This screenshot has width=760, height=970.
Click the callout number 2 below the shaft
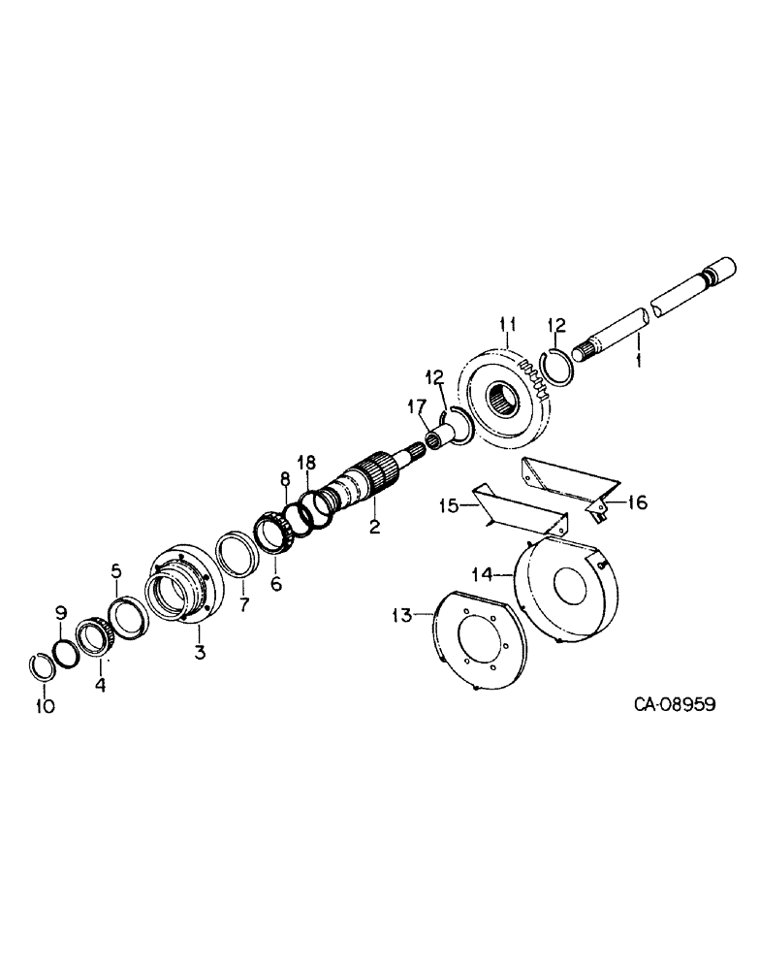pyautogui.click(x=374, y=527)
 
